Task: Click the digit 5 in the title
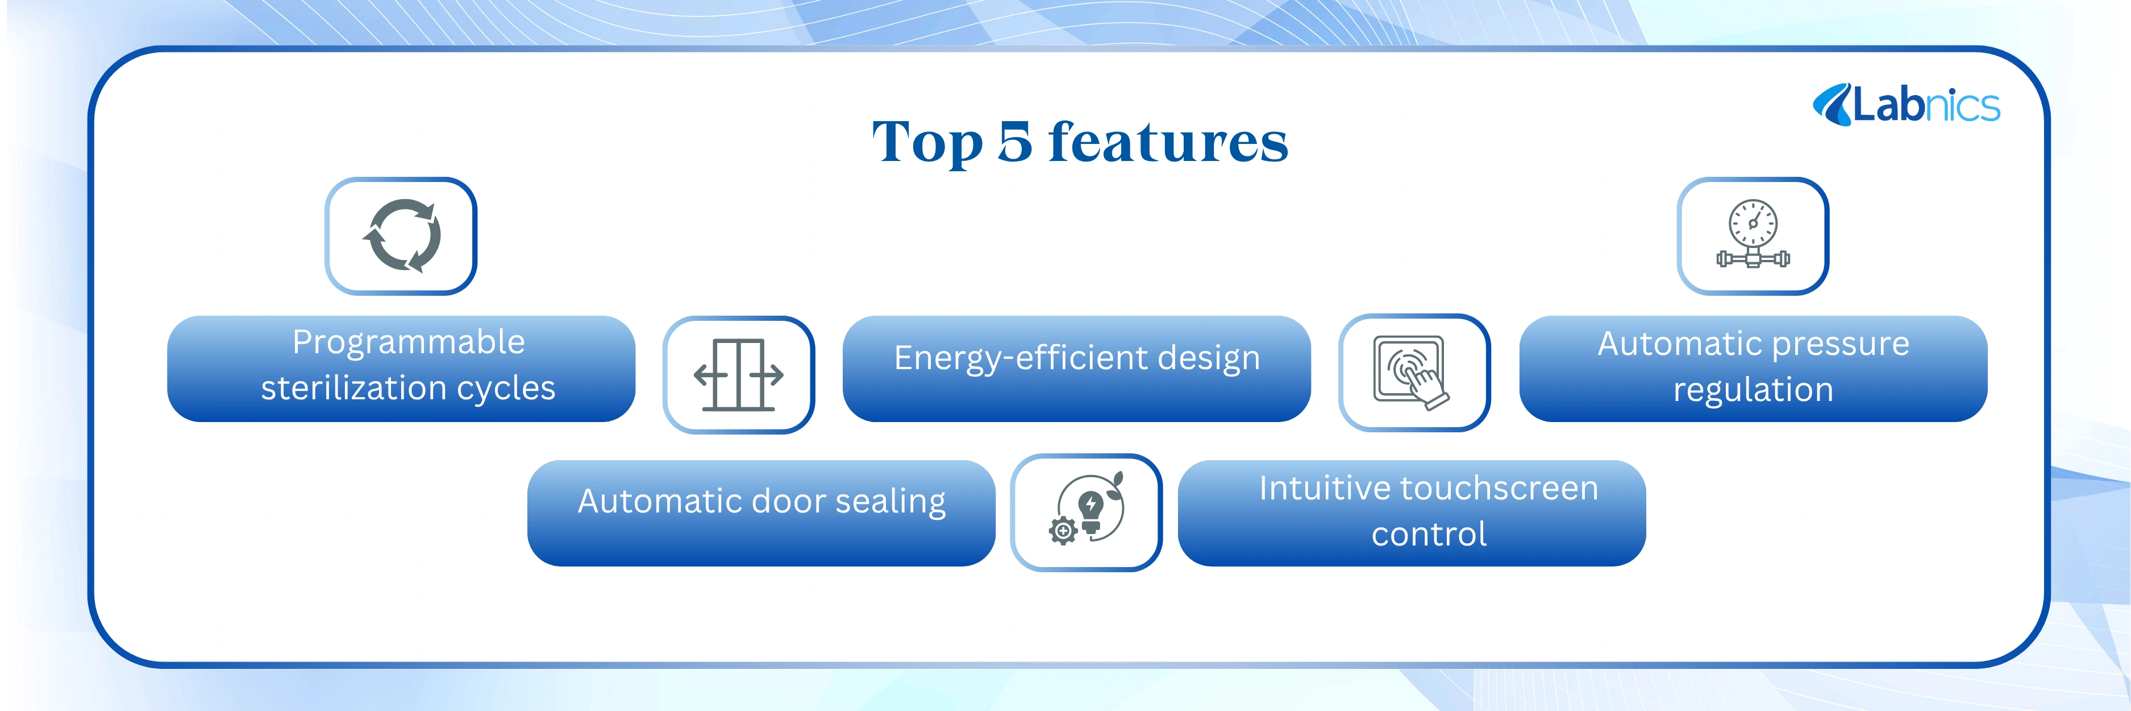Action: [1015, 142]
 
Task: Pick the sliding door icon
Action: [739, 375]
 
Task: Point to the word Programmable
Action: [409, 342]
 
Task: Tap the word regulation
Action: [1753, 389]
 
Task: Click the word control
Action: [1429, 534]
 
